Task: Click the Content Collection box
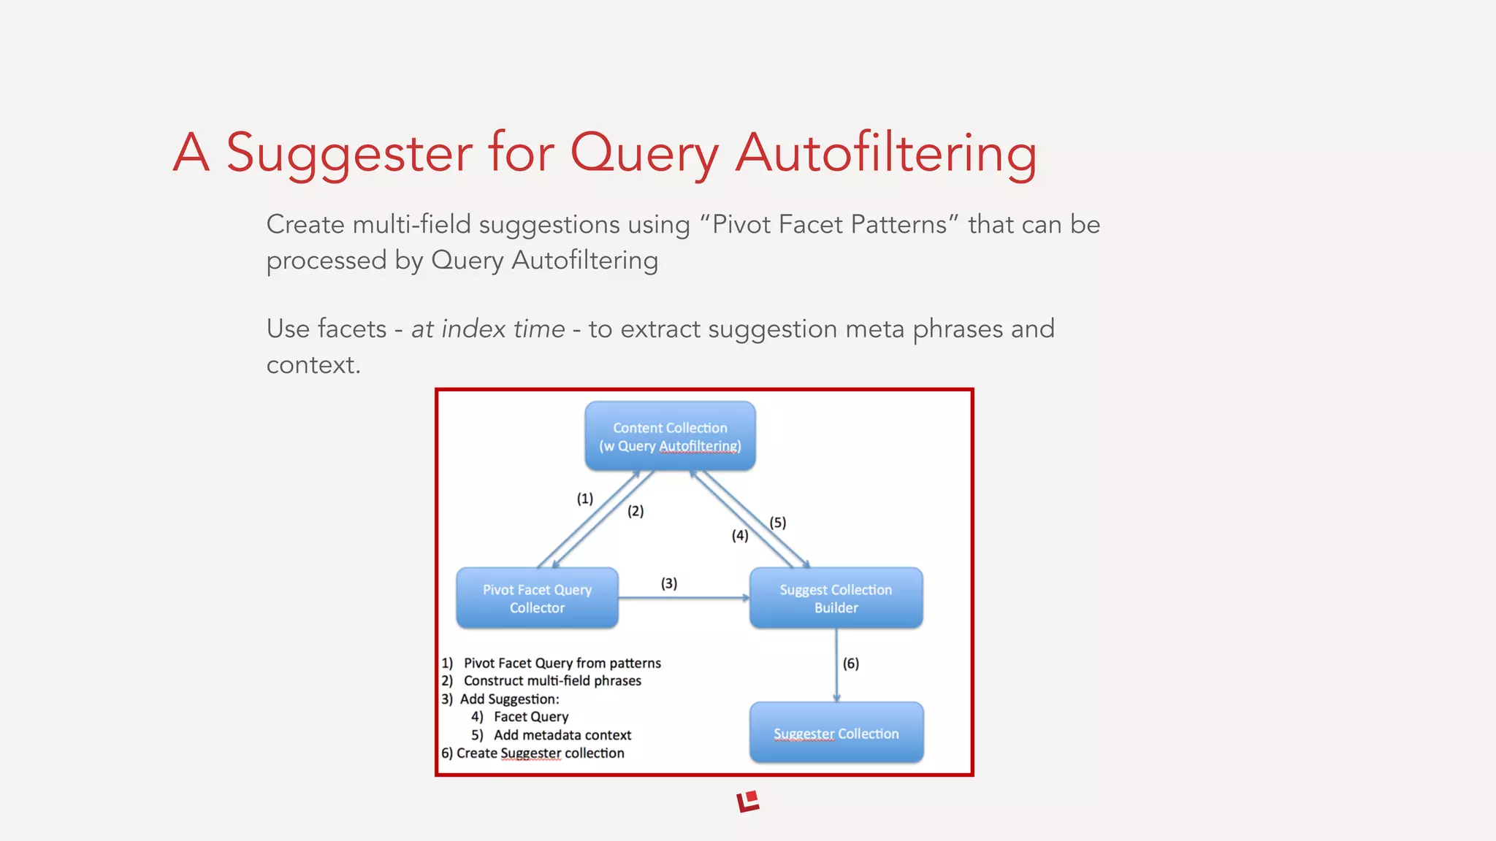click(670, 436)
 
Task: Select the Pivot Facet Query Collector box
click(537, 598)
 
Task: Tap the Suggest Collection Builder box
click(836, 598)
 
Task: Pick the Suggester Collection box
click(836, 733)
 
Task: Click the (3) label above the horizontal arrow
click(668, 583)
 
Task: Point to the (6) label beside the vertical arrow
click(850, 664)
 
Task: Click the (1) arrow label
click(584, 499)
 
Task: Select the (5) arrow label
click(777, 523)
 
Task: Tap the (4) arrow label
click(739, 536)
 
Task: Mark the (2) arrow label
click(635, 511)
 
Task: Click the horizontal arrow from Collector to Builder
click(683, 598)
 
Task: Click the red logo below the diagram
click(748, 801)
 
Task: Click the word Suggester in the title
click(349, 153)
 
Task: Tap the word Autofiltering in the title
click(885, 153)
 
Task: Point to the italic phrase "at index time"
click(488, 329)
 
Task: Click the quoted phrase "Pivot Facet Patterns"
click(829, 225)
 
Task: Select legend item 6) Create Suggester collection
click(533, 753)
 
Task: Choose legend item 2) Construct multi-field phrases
click(541, 681)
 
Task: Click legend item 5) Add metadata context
click(552, 735)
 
